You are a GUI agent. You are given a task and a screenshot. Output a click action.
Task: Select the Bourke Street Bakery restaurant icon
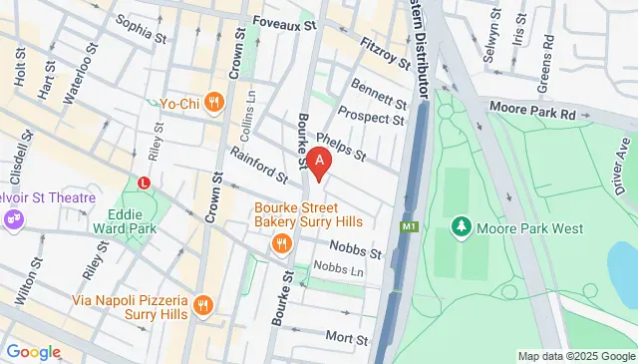282,243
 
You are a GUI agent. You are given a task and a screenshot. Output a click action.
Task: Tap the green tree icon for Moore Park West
461,227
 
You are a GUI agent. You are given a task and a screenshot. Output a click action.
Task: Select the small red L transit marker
146,182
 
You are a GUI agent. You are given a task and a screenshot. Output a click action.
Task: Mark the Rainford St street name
257,165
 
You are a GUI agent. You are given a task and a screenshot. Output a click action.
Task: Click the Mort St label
347,339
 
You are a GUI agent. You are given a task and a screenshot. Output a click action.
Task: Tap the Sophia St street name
141,30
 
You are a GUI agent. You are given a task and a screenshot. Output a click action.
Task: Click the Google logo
33,351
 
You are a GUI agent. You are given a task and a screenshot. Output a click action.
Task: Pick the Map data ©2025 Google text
575,356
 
